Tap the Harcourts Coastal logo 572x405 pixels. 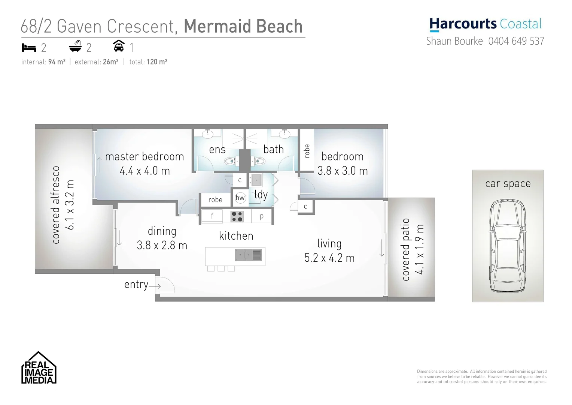click(x=485, y=24)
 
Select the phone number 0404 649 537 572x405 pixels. click(x=516, y=41)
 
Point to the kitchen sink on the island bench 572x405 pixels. click(x=248, y=255)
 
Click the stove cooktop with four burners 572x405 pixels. click(x=237, y=216)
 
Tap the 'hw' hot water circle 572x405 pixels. click(x=240, y=198)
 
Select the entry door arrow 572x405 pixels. click(x=155, y=286)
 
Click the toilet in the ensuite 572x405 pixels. click(x=229, y=162)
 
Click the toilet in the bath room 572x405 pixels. click(x=259, y=162)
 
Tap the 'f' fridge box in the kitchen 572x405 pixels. click(x=212, y=216)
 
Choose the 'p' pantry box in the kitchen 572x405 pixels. click(x=262, y=216)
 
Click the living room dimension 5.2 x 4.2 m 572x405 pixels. click(x=329, y=258)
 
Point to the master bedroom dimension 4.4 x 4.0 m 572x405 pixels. click(x=144, y=171)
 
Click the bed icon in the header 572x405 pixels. click(x=29, y=48)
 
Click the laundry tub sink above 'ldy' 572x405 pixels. click(x=256, y=180)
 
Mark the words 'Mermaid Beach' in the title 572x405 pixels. click(x=243, y=26)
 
